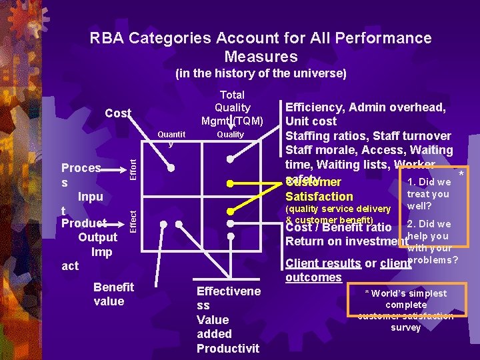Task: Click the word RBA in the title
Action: (107, 38)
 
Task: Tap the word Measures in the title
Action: (261, 57)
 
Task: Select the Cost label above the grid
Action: (118, 113)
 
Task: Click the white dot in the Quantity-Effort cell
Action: (171, 169)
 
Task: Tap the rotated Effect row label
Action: (133, 220)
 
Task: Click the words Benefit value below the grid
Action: (113, 294)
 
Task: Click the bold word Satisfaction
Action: (319, 197)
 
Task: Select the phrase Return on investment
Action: (346, 241)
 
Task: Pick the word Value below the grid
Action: (213, 319)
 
